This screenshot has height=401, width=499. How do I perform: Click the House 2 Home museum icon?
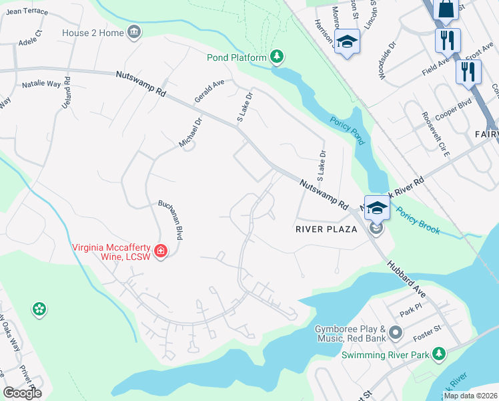point(134,33)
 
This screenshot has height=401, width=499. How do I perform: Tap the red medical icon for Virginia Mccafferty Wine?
point(161,251)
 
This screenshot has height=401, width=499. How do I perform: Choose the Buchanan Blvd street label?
point(170,221)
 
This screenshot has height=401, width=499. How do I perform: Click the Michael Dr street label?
point(190,133)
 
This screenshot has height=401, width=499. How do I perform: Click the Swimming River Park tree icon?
point(438,354)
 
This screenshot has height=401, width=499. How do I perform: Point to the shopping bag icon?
point(444,9)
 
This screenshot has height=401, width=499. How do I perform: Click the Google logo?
point(22,393)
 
